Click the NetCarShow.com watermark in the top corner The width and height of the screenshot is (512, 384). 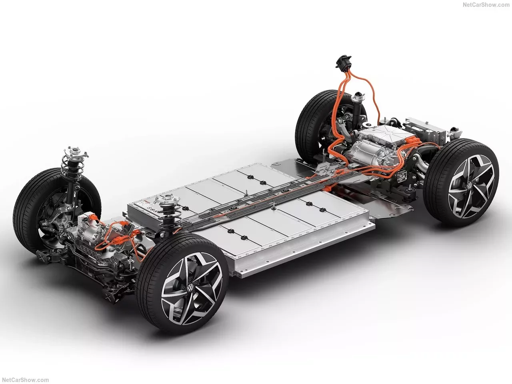tap(486, 5)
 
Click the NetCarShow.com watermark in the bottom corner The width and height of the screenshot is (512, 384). tap(26, 380)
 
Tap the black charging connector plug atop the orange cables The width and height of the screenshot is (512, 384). tap(343, 61)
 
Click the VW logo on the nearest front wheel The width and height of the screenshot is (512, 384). tap(190, 288)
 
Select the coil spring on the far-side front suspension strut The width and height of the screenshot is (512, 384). tap(72, 164)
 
